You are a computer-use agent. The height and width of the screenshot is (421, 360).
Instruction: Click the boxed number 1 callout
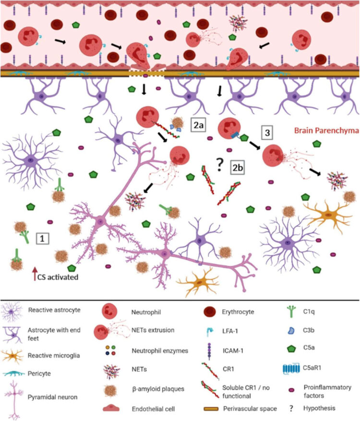[43, 237]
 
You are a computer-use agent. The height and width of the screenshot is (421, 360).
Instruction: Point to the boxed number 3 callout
[267, 131]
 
